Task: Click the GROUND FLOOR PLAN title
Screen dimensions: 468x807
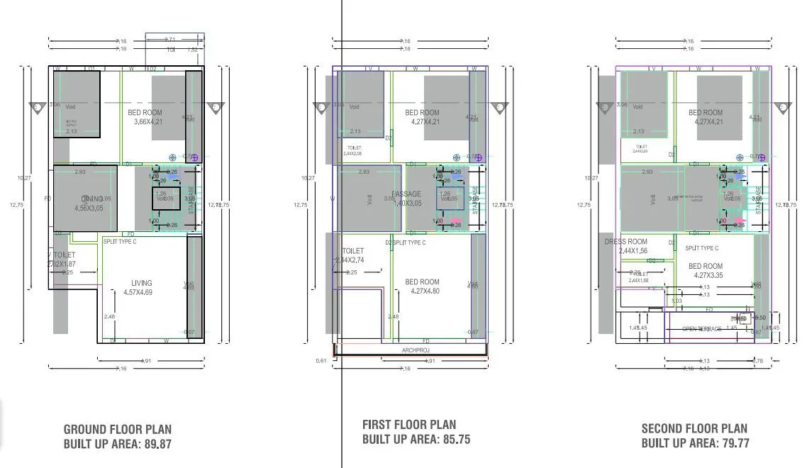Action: pyautogui.click(x=118, y=430)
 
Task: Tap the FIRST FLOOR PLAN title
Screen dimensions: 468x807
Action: pyautogui.click(x=409, y=425)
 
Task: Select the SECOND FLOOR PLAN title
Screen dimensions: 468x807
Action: pyautogui.click(x=694, y=428)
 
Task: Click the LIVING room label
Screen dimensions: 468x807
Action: pyautogui.click(x=141, y=284)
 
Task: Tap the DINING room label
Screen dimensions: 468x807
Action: pyautogui.click(x=92, y=199)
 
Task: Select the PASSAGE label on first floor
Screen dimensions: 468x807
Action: pyautogui.click(x=406, y=194)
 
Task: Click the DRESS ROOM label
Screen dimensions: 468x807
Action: pyautogui.click(x=626, y=242)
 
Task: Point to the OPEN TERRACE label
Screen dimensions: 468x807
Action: pyautogui.click(x=701, y=329)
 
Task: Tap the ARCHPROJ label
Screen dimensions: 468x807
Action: pyautogui.click(x=416, y=350)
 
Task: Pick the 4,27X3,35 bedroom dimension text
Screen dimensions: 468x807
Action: pyautogui.click(x=706, y=276)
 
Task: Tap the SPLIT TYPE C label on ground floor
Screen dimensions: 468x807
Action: pyautogui.click(x=120, y=242)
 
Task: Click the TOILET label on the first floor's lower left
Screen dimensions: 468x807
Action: pyautogui.click(x=352, y=251)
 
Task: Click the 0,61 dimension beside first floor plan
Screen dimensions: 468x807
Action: pyautogui.click(x=321, y=361)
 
